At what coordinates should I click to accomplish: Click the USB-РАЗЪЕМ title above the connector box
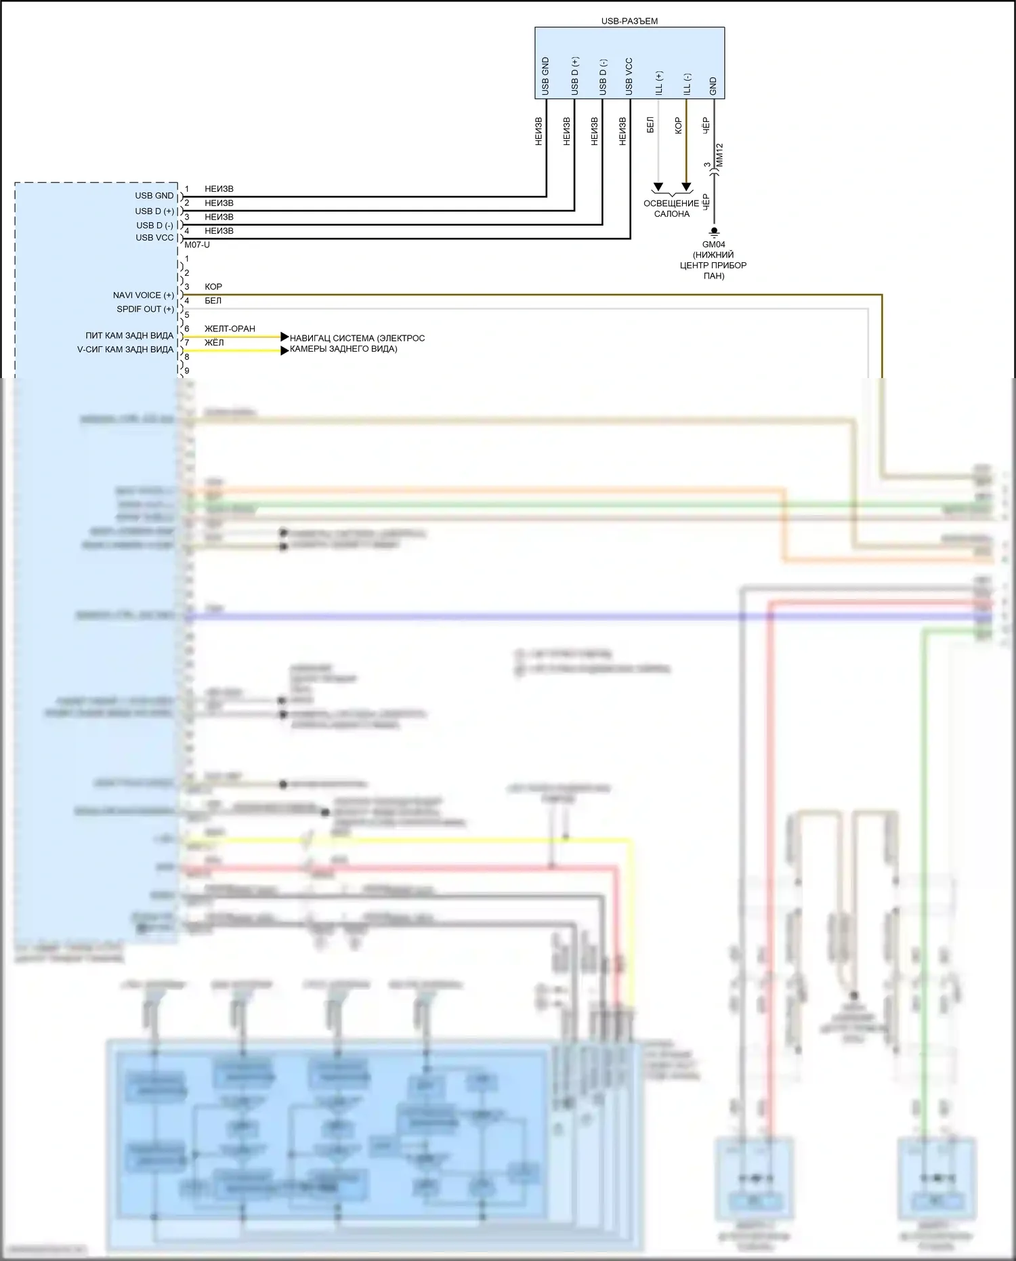[629, 21]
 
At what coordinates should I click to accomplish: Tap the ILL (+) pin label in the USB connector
[659, 83]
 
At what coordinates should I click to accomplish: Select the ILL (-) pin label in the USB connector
[687, 83]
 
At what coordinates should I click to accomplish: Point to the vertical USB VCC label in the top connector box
[629, 77]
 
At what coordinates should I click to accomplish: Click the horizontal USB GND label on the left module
[154, 196]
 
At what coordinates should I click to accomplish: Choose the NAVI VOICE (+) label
[144, 295]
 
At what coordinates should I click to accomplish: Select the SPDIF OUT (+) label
[145, 309]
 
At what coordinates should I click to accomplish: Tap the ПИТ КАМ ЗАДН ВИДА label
[129, 336]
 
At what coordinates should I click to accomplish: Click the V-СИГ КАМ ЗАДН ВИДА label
[125, 350]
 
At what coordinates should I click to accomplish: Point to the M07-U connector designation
[197, 245]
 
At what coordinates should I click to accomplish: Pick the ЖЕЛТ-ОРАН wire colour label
[230, 329]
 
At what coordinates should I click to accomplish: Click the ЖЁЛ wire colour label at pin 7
[214, 343]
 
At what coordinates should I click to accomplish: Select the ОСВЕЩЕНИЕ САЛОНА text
[671, 209]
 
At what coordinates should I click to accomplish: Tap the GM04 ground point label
[714, 245]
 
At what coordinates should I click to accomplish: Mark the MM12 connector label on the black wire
[719, 155]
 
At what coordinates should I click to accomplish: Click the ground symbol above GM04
[714, 232]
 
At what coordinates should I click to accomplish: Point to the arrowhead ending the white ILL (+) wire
[658, 187]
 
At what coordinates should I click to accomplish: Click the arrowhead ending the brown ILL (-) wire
[686, 187]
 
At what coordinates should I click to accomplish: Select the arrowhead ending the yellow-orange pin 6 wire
[285, 336]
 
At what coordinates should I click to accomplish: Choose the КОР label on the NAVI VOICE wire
[213, 287]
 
